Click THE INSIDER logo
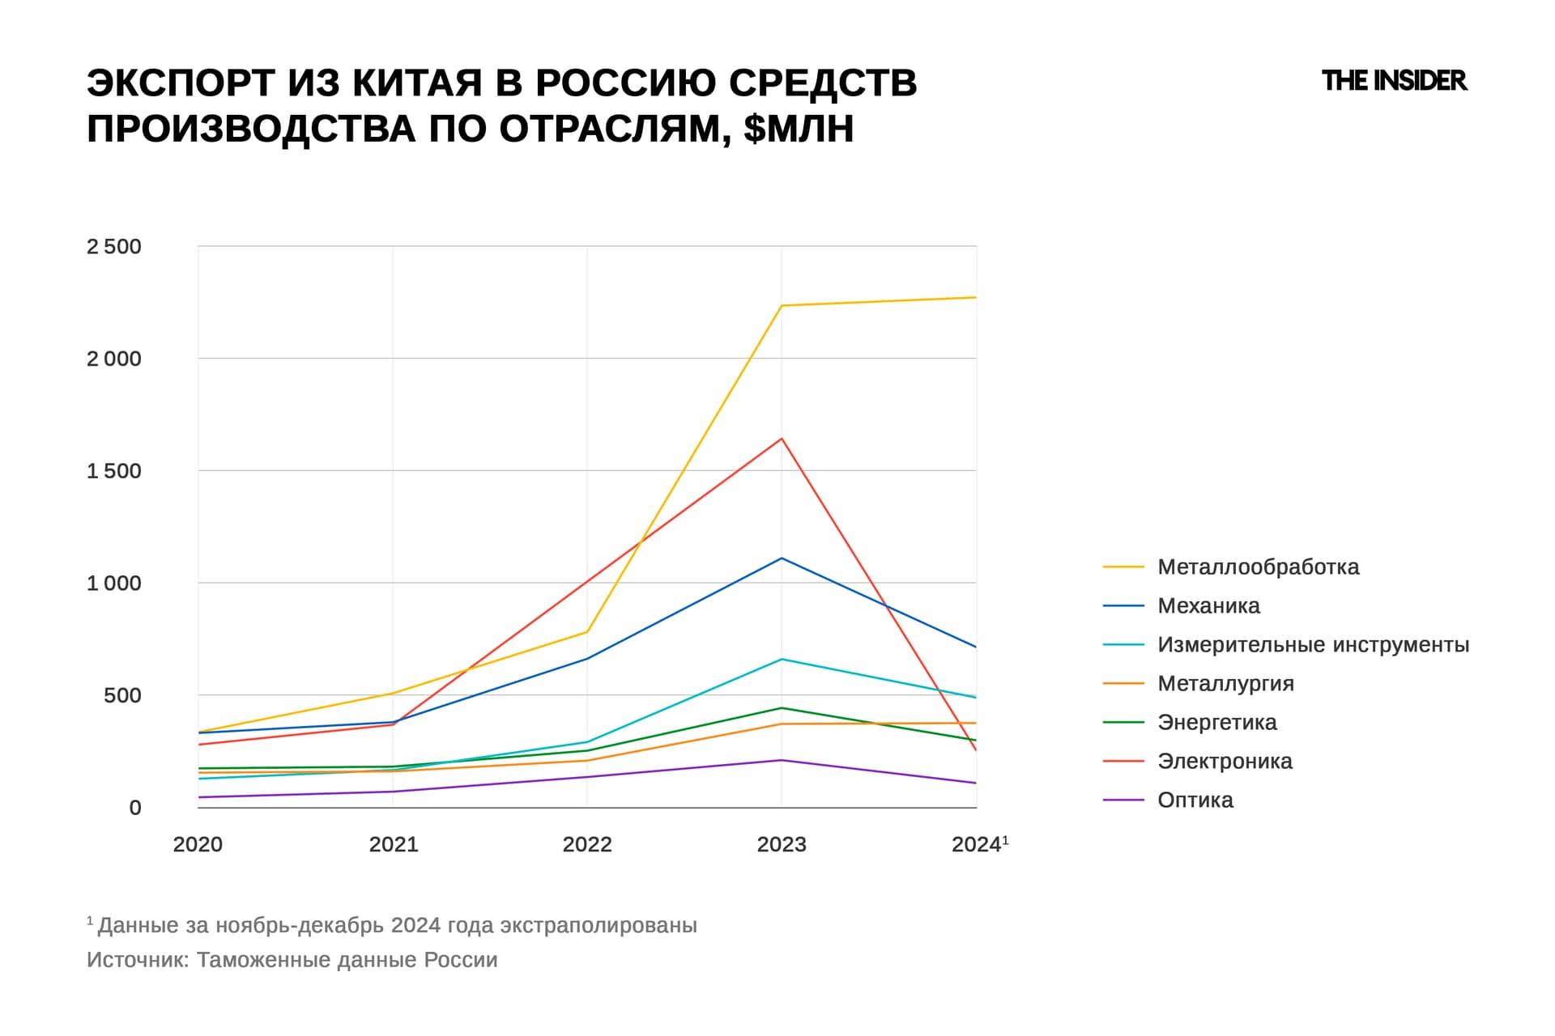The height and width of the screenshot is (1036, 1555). (1393, 81)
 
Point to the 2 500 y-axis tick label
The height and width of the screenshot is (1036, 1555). (114, 247)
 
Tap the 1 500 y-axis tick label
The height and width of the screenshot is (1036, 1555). (114, 471)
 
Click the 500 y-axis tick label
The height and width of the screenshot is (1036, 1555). (122, 695)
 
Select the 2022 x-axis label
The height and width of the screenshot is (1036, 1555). (587, 844)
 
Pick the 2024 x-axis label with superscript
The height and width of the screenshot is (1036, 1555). (978, 844)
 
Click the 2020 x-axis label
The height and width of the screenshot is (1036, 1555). (198, 844)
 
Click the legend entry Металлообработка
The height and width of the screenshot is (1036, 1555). (1258, 567)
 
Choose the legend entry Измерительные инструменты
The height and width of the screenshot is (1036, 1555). (1312, 644)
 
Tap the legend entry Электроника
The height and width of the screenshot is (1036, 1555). (1225, 761)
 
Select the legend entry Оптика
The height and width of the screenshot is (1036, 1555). (1195, 800)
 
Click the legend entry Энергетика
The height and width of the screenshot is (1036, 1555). (1216, 722)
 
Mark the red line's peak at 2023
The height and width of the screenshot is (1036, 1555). (782, 439)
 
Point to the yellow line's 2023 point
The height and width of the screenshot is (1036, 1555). (782, 306)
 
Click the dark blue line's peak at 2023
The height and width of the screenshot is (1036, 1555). (782, 558)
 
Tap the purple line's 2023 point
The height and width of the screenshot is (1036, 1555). (782, 760)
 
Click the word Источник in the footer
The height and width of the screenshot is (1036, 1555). (138, 960)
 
